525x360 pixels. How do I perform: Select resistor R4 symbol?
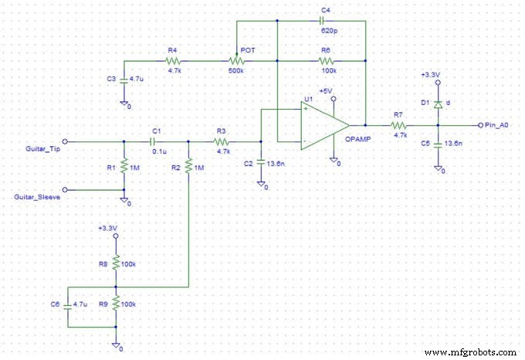(x=174, y=61)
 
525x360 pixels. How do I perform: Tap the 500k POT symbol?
(x=235, y=61)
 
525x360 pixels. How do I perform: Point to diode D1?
(x=438, y=103)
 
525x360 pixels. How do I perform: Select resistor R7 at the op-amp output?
(x=398, y=125)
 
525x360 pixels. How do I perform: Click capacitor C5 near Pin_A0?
(x=438, y=143)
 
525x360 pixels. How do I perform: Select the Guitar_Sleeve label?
(x=38, y=198)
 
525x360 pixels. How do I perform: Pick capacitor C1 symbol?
(x=157, y=141)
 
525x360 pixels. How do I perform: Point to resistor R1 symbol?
(x=124, y=168)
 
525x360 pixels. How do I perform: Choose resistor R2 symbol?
(x=189, y=168)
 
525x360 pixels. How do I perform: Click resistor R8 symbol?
(x=116, y=264)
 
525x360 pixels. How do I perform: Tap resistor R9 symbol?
(x=116, y=305)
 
